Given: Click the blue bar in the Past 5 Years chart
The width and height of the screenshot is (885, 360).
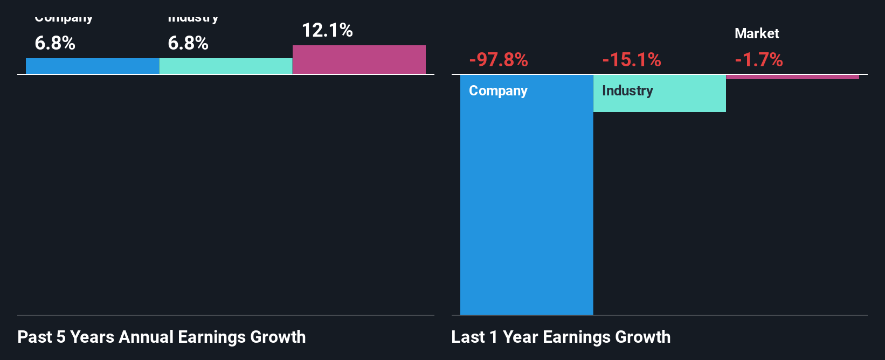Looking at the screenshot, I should pos(92,66).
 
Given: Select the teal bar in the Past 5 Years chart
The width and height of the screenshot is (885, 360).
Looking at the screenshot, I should pos(226,66).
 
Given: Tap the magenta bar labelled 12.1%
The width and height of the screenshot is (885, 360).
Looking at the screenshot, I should pos(359,59).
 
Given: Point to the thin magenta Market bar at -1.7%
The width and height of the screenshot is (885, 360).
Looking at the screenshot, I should pos(792,77).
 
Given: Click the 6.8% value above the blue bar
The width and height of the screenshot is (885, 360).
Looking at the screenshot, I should pos(55,43).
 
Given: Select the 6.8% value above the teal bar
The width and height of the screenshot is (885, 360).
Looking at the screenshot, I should pos(188,43).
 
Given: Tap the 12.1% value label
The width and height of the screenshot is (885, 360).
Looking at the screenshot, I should pos(327,30).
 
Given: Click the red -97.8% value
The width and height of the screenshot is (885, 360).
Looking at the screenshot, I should pos(499,59).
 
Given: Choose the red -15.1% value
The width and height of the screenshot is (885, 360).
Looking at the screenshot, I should pos(632,59).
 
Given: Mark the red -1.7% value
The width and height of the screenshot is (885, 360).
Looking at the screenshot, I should pos(759,59).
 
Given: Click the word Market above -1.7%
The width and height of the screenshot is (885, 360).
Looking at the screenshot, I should pos(757,33).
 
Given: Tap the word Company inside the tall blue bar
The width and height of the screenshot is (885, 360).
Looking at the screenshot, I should pos(498,91).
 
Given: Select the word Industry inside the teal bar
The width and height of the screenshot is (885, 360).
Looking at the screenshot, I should pos(627,91).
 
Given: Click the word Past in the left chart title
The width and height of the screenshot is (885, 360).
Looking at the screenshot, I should pos(34,337).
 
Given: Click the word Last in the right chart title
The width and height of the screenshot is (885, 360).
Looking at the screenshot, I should pos(468,337).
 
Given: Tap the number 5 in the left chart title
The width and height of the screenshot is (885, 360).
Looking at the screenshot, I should pos(61,337).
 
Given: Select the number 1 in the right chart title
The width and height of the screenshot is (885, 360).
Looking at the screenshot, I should pos(493,337).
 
